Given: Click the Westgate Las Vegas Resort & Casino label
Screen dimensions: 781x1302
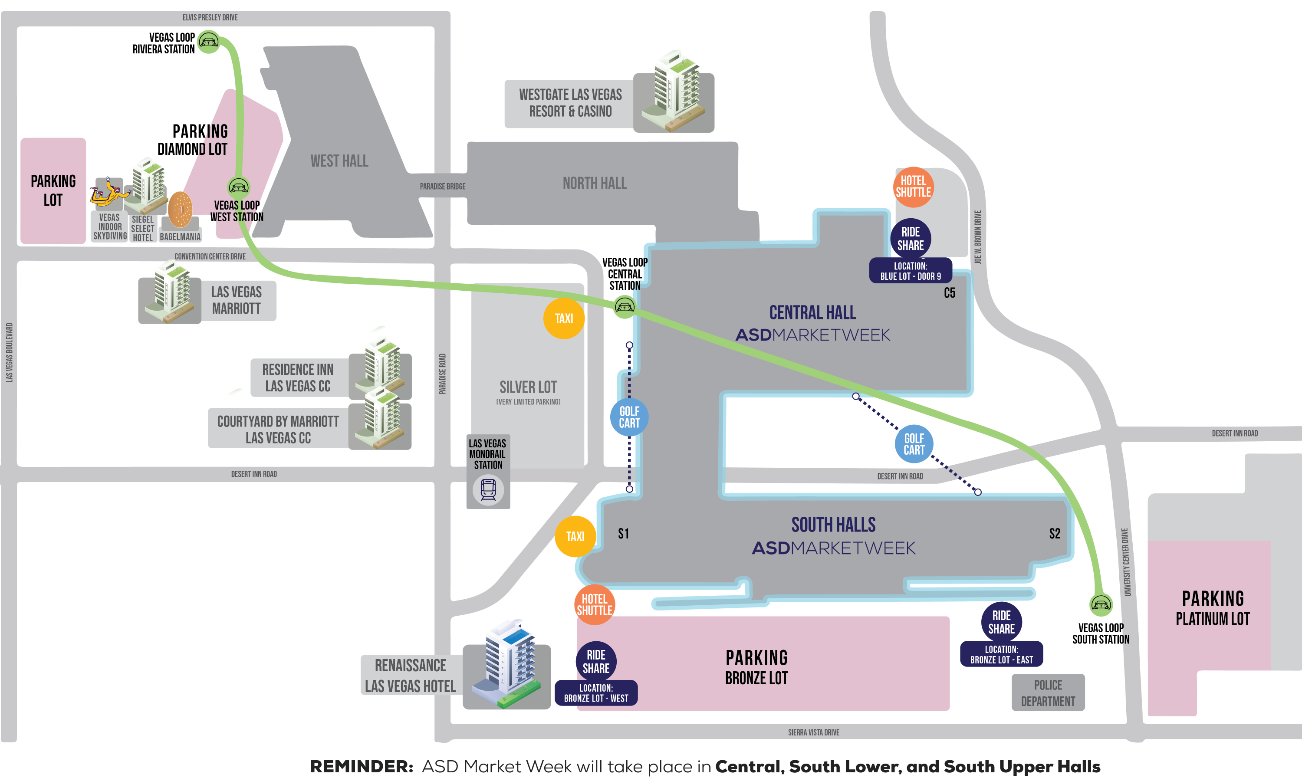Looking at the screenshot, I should [x=570, y=103].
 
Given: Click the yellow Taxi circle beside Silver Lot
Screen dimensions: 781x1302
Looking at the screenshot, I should [x=564, y=318].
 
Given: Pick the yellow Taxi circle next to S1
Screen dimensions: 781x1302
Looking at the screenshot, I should [x=575, y=536].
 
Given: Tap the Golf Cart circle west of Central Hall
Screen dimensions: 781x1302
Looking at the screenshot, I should [x=629, y=417].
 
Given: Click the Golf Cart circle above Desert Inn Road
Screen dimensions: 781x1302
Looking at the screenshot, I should [x=914, y=444].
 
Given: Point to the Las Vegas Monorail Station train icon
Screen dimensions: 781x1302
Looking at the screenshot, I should [x=488, y=490].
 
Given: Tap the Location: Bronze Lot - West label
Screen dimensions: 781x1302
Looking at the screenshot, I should [x=596, y=693].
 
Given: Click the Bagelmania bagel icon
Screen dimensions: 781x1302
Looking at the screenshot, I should [x=180, y=210].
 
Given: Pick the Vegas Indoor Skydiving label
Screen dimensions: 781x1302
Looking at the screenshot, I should [x=109, y=227].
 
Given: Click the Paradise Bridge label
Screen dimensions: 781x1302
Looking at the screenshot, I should [x=442, y=186].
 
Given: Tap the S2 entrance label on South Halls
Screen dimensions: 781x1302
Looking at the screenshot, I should [x=1054, y=534].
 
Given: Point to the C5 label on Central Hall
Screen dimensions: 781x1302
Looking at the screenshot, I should [x=950, y=293].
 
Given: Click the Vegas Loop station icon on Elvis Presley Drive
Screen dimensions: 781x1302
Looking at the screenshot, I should [x=208, y=41].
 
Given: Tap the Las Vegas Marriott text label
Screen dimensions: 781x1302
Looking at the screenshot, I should [x=236, y=300].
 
